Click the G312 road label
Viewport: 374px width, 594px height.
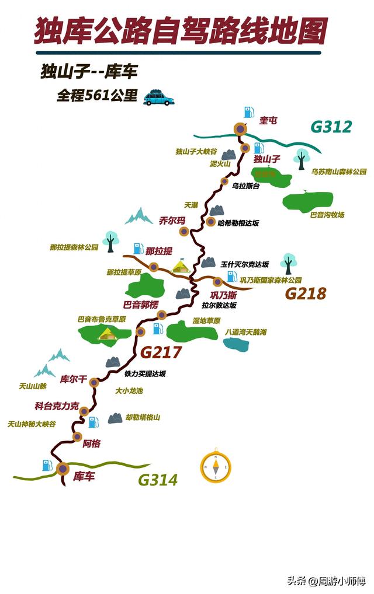pos(331,127)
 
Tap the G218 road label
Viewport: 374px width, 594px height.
pos(305,293)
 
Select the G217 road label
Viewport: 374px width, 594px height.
pos(161,352)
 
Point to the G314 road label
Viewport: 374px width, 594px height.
pos(157,480)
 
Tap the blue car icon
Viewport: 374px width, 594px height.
pos(158,98)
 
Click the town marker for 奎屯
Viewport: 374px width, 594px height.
pos(240,130)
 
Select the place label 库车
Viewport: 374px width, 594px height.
pos(84,477)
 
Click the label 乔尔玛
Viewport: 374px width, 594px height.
pos(172,221)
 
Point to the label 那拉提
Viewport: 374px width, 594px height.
pos(159,251)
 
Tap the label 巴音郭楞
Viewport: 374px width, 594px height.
pos(140,305)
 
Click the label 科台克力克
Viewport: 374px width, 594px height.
pos(57,406)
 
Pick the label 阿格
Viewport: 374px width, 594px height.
pos(92,444)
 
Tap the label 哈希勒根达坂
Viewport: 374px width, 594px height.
pos(238,223)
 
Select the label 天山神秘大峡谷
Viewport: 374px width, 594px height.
pos(32,425)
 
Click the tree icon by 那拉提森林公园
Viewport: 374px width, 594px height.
pos(110,239)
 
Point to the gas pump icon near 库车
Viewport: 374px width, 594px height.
pos(47,466)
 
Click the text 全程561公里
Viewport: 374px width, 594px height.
pos(96,96)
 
